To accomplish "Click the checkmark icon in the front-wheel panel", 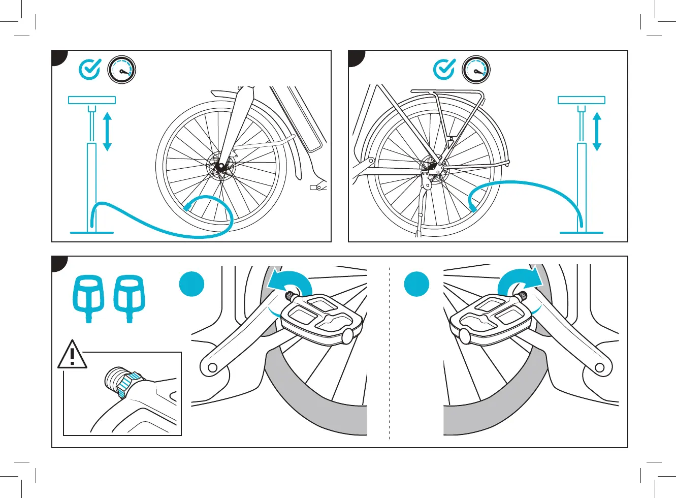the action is (x=90, y=69).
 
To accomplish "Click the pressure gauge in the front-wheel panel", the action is (x=122, y=70).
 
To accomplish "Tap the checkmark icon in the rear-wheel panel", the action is (x=444, y=69).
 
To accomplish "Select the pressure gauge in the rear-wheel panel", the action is (x=476, y=70).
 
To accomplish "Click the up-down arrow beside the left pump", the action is (x=107, y=132).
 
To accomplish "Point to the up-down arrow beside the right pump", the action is (x=597, y=132).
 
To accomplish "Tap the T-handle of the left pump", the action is (x=92, y=100).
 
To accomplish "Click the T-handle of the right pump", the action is (x=582, y=100).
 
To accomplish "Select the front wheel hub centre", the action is (x=221, y=166).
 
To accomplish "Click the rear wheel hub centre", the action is (x=433, y=165).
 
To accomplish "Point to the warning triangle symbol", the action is (x=72, y=355).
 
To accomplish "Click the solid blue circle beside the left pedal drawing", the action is (x=192, y=284).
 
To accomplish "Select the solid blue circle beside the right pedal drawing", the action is (x=417, y=284).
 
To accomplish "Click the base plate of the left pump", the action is (x=92, y=233).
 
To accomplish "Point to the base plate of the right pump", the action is (x=582, y=233).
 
